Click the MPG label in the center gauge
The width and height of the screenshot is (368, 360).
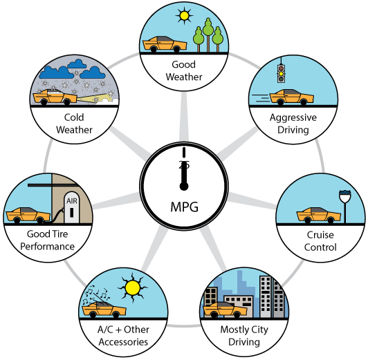coord(184,207)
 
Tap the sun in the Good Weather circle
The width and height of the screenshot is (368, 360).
coord(185,16)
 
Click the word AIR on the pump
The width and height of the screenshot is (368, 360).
coord(72,201)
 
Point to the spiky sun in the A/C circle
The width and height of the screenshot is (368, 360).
coord(133,288)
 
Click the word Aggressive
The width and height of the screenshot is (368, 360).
coord(293,117)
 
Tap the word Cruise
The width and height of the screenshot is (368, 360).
coord(320,235)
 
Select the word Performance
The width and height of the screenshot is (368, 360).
coord(48,246)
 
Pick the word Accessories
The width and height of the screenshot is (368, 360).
coord(123,342)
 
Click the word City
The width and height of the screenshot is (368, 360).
coord(259,330)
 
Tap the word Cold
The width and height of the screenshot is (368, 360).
coord(74,117)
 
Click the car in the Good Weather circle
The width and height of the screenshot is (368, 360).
coord(165,44)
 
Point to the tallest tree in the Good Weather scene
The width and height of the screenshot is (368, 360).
coord(208,35)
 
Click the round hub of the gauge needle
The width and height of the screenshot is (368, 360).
coord(184,187)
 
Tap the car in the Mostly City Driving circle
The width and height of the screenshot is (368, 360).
coord(225,310)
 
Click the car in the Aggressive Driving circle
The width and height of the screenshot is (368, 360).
coord(291,97)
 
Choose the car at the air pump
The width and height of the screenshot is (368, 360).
coord(28,215)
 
